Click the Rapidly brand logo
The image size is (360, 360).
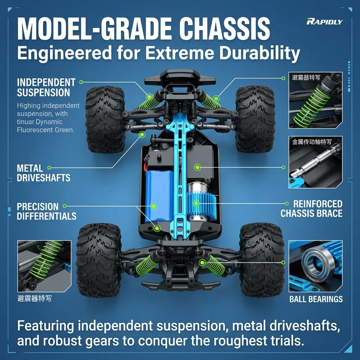(x=324, y=21)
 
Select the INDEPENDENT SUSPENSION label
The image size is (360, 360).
(x=46, y=88)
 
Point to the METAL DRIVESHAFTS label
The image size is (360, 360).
(x=43, y=173)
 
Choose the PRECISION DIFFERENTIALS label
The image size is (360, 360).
(x=47, y=211)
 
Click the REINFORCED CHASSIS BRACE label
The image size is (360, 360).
(x=311, y=209)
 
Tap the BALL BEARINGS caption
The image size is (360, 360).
(x=316, y=299)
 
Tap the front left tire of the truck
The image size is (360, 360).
(x=105, y=120)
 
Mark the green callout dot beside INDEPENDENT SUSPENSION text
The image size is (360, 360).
(x=81, y=82)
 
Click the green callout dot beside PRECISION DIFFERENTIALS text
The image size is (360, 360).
(x=65, y=206)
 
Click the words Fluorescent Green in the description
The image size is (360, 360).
(x=46, y=130)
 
